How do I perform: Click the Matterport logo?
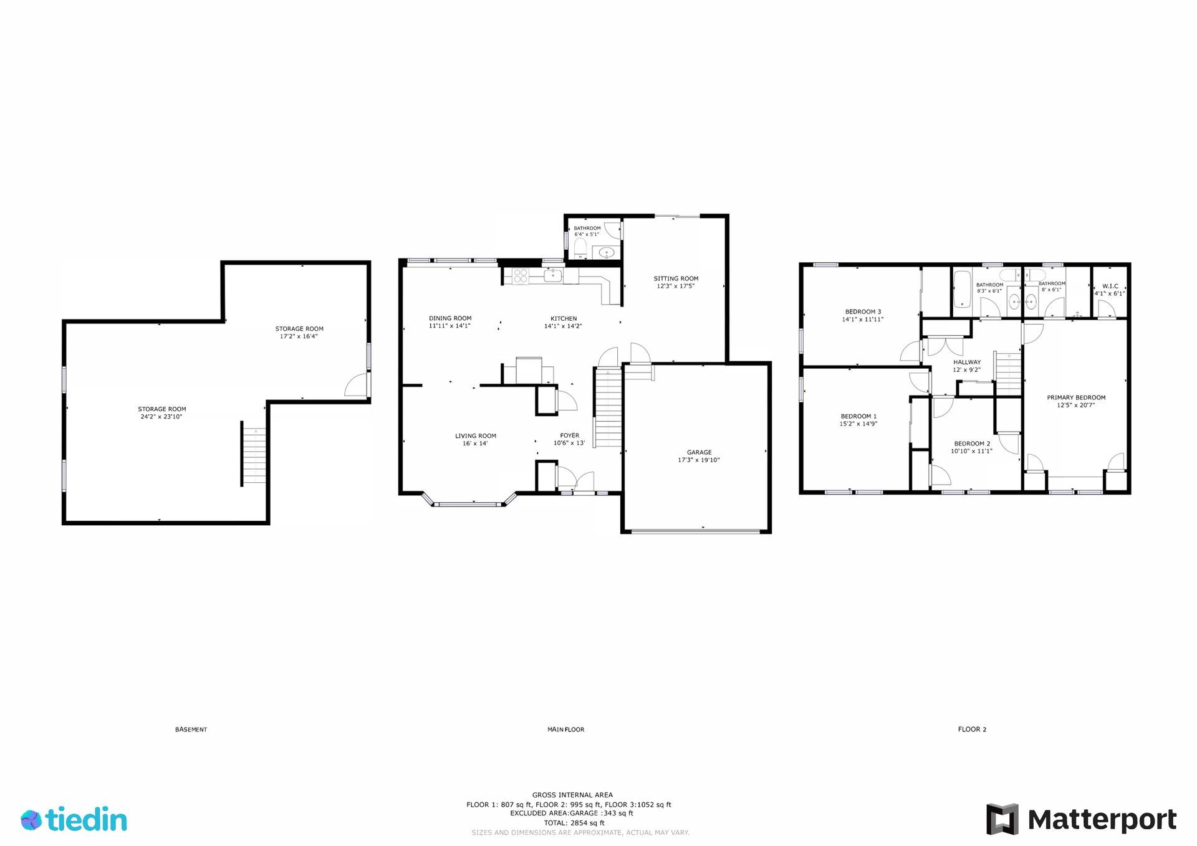[1081, 819]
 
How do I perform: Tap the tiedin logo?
[74, 819]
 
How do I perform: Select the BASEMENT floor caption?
[191, 730]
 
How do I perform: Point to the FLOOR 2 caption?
[972, 730]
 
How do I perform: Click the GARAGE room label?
[699, 452]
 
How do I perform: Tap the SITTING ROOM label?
[676, 278]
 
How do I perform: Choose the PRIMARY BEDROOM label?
[1076, 397]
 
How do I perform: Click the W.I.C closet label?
[1110, 287]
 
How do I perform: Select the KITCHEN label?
[564, 318]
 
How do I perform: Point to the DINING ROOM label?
[450, 318]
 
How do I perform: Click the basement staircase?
[254, 454]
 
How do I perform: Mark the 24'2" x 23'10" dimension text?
[161, 417]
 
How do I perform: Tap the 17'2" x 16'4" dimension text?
[299, 336]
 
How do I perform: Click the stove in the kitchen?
[521, 275]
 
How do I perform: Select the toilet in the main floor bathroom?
[579, 248]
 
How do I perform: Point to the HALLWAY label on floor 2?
[967, 362]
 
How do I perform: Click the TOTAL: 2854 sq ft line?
[574, 823]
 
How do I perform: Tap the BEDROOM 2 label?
[972, 444]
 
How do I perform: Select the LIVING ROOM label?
[476, 436]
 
